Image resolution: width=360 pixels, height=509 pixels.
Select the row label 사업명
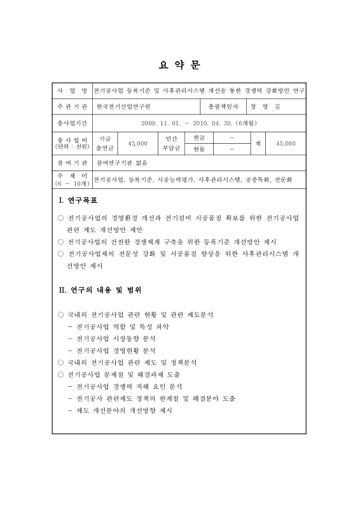71,90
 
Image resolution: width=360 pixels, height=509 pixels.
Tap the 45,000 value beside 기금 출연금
138,144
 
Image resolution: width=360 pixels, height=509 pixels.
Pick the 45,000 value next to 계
286,144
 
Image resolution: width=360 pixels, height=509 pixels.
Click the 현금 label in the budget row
199,137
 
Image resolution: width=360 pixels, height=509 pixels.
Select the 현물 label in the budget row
199,150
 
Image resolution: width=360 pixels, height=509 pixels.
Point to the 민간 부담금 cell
171,144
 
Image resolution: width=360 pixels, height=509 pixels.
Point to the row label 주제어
71,176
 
